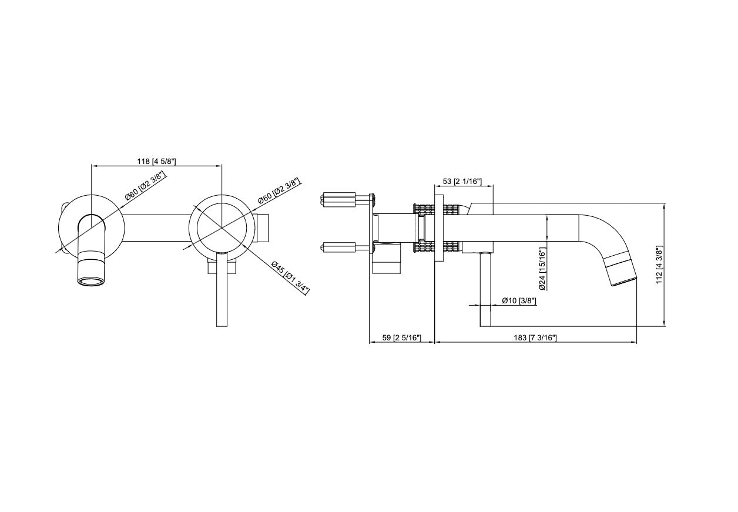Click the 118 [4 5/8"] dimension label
156,161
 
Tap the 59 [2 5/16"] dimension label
401,337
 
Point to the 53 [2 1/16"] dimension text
462,182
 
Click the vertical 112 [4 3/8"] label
660,265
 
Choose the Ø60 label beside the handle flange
279,191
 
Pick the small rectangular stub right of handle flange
264,228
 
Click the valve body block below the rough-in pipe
388,259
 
